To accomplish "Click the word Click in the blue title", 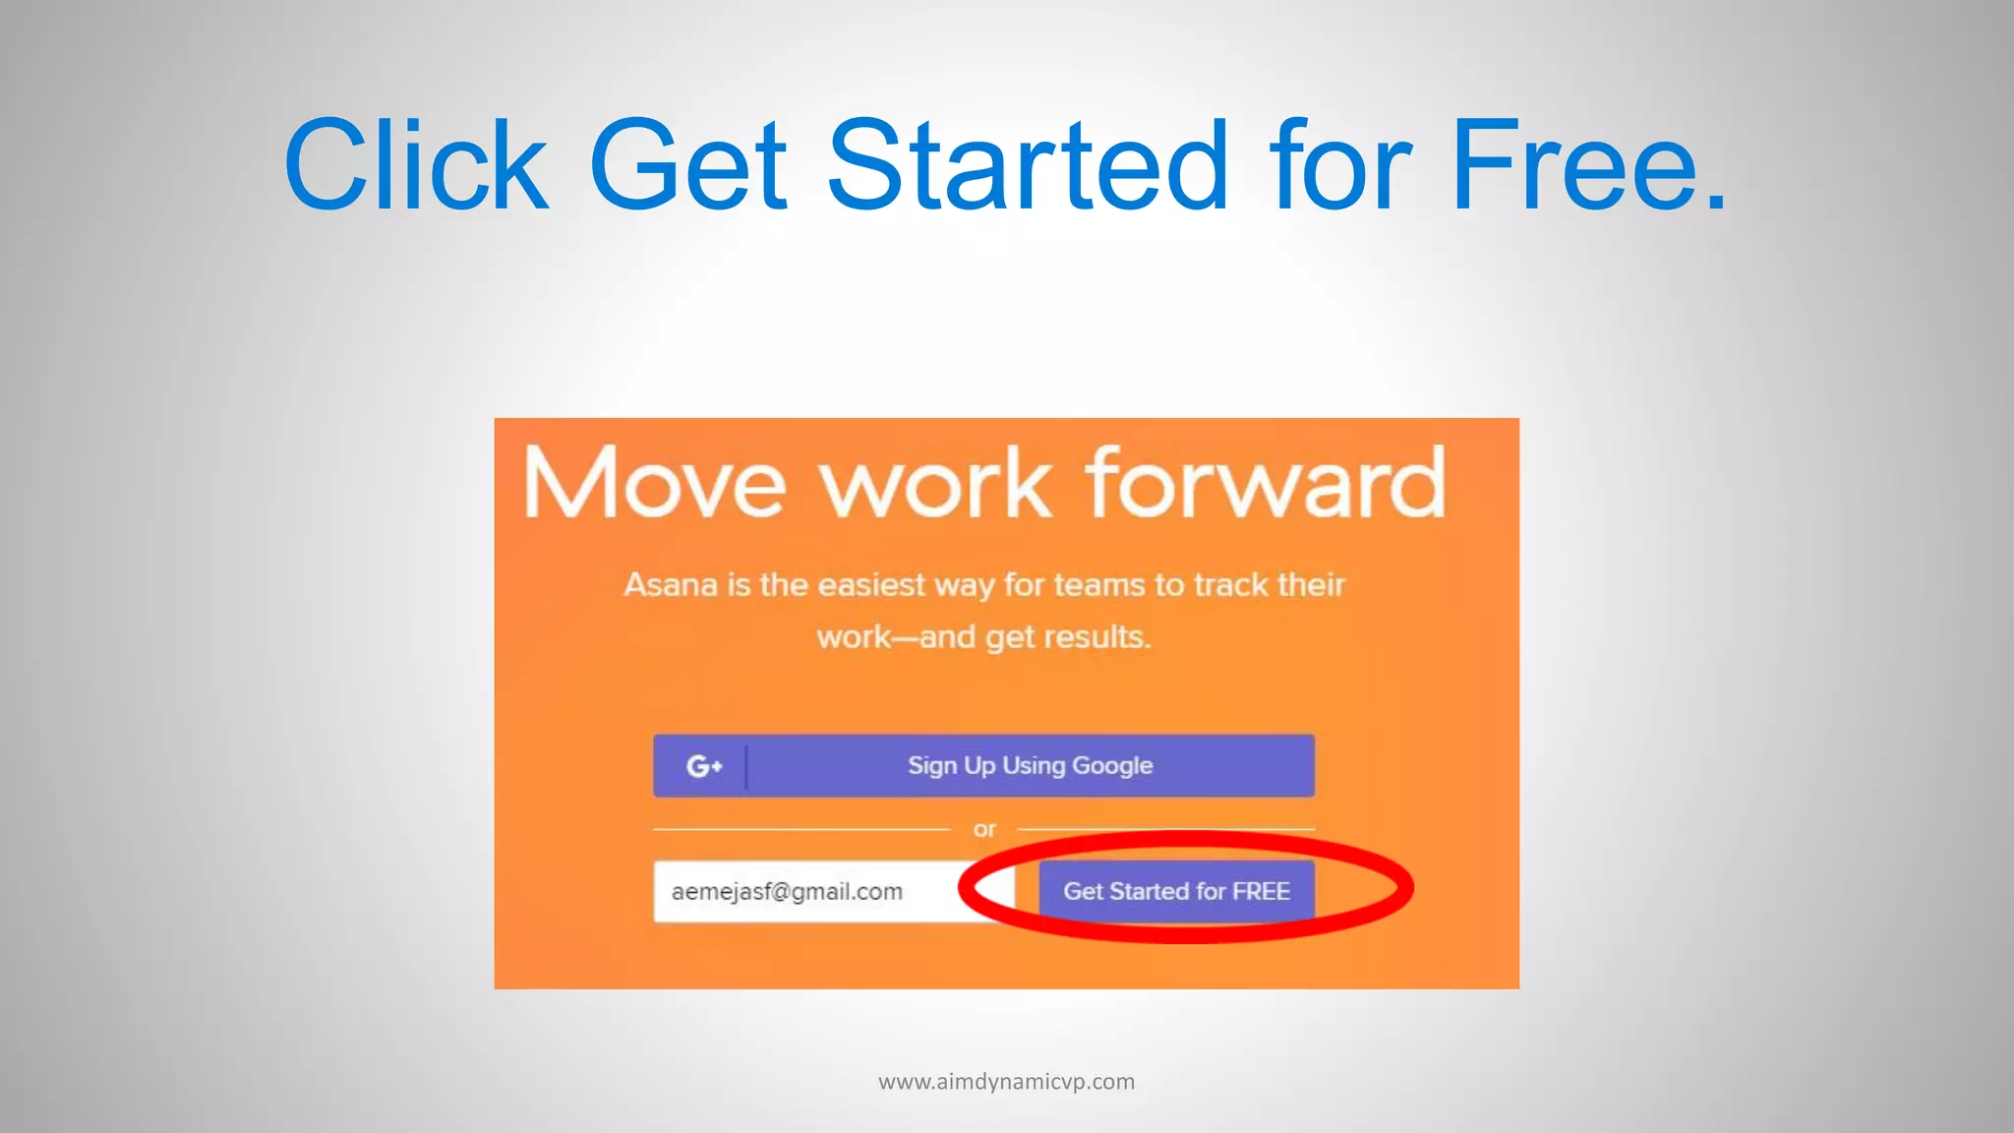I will tap(415, 165).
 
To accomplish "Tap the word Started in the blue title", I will tap(1028, 165).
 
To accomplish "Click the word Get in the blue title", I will tap(687, 165).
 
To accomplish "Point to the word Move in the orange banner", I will tap(654, 483).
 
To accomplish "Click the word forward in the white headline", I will tap(1266, 483).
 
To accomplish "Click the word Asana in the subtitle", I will tap(671, 585).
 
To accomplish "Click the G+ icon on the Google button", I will tap(704, 766).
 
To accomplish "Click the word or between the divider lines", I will tap(984, 830).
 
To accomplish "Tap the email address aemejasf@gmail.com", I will tap(787, 892).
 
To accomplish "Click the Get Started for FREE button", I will tap(1176, 892).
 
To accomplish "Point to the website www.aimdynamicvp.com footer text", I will tap(1006, 1082).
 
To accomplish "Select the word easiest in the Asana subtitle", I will tap(871, 585).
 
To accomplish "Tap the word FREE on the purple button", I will tap(1261, 892).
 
